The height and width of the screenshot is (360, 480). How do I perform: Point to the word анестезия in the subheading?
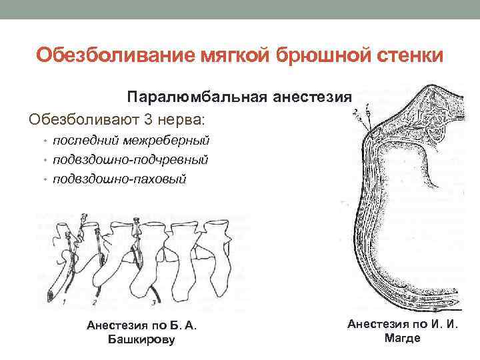pos(311,98)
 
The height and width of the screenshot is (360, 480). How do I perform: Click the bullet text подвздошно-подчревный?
pos(131,160)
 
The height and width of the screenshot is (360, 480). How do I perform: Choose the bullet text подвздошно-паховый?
pos(120,179)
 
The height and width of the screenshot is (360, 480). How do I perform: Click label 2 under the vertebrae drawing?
pos(95,302)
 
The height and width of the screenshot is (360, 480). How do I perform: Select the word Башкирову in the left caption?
pos(141,340)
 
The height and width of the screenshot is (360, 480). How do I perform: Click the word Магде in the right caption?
pos(403,338)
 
